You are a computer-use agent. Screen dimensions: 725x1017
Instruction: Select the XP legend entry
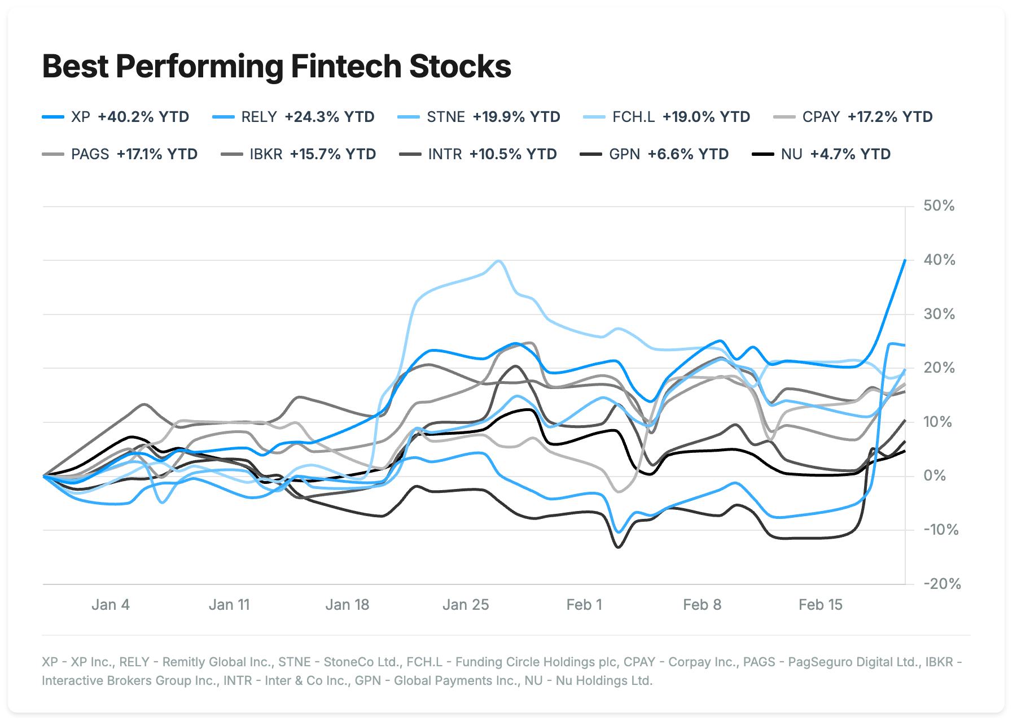[116, 117]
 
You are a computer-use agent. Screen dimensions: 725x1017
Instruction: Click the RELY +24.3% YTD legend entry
[293, 117]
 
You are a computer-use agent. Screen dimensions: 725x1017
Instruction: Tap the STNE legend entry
[479, 117]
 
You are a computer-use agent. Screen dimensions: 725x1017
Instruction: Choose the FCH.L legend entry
[667, 117]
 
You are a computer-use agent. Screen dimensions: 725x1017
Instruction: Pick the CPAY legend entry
[853, 117]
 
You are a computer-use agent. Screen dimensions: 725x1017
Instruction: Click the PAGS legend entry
[120, 154]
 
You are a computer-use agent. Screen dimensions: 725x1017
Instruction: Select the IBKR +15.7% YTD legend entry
[299, 154]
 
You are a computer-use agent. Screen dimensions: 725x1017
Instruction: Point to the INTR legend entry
[478, 154]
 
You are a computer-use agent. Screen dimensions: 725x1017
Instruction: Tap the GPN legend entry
[655, 154]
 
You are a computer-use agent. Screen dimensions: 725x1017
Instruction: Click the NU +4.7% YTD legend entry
[822, 154]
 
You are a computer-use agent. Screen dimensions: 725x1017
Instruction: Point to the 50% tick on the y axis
[939, 206]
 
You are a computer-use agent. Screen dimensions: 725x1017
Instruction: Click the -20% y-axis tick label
[941, 584]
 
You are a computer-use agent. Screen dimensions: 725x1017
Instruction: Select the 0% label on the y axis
[935, 475]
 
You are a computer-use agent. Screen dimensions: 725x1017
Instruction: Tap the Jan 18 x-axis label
[347, 605]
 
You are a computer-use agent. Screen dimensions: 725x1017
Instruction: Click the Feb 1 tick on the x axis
[584, 605]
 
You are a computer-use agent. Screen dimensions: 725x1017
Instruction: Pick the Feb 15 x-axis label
[820, 605]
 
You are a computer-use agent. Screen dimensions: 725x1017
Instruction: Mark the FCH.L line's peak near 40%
[498, 261]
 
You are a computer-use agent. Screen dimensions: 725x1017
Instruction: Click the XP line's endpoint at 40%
[905, 260]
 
